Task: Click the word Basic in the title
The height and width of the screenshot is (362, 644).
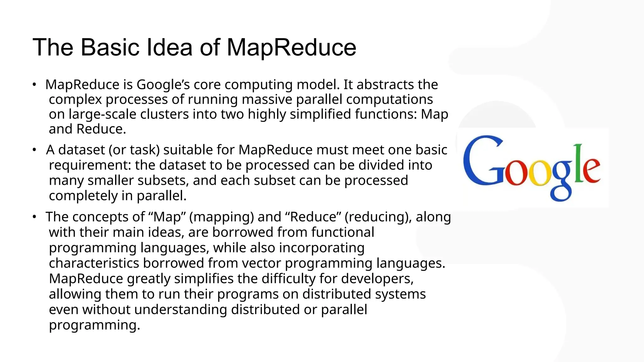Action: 110,47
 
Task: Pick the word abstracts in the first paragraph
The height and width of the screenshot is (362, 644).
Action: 385,85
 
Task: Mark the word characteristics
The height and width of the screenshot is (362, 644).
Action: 94,263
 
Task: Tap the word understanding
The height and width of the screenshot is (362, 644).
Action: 180,310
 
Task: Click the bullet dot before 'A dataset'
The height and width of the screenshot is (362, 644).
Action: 34,150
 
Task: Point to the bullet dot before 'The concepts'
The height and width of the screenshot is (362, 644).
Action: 34,217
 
